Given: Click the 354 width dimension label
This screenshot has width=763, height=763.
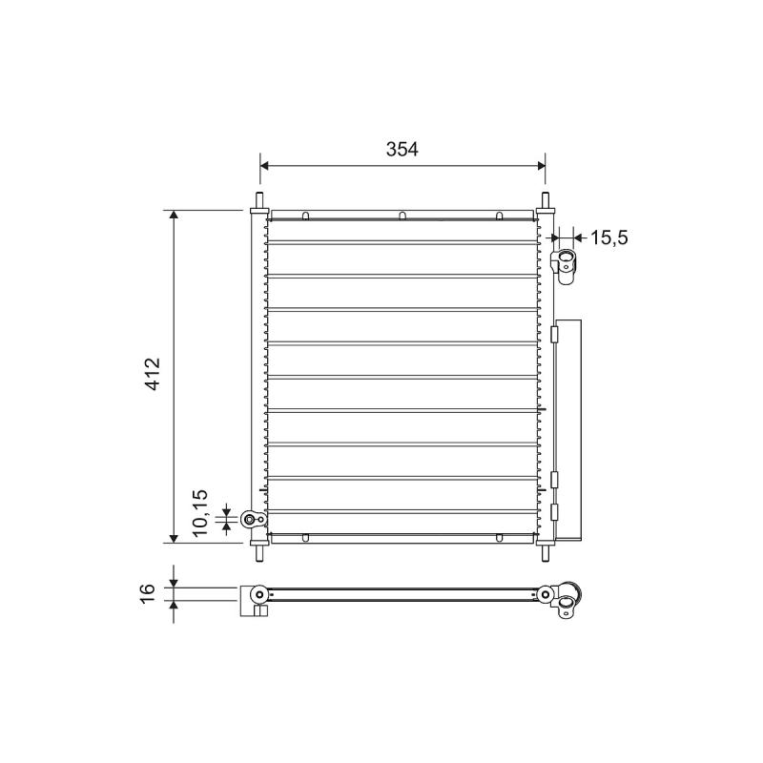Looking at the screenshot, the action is pyautogui.click(x=402, y=150).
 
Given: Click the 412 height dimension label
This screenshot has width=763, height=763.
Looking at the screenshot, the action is pyautogui.click(x=154, y=374).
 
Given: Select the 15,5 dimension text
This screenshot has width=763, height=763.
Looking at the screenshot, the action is pyautogui.click(x=608, y=237).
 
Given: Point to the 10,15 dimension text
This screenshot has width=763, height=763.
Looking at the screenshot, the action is pyautogui.click(x=200, y=513).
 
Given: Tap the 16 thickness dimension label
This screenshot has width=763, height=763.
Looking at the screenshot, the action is pyautogui.click(x=148, y=593).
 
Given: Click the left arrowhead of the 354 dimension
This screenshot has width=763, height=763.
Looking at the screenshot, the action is pyautogui.click(x=264, y=165).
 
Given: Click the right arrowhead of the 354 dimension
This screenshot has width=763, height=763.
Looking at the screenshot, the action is pyautogui.click(x=541, y=165).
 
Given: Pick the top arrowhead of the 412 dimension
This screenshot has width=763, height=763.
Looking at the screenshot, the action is pyautogui.click(x=174, y=216).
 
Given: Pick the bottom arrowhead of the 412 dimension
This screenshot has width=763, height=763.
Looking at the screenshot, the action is pyautogui.click(x=174, y=538).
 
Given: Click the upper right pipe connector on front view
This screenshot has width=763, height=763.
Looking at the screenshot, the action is pyautogui.click(x=565, y=267).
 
